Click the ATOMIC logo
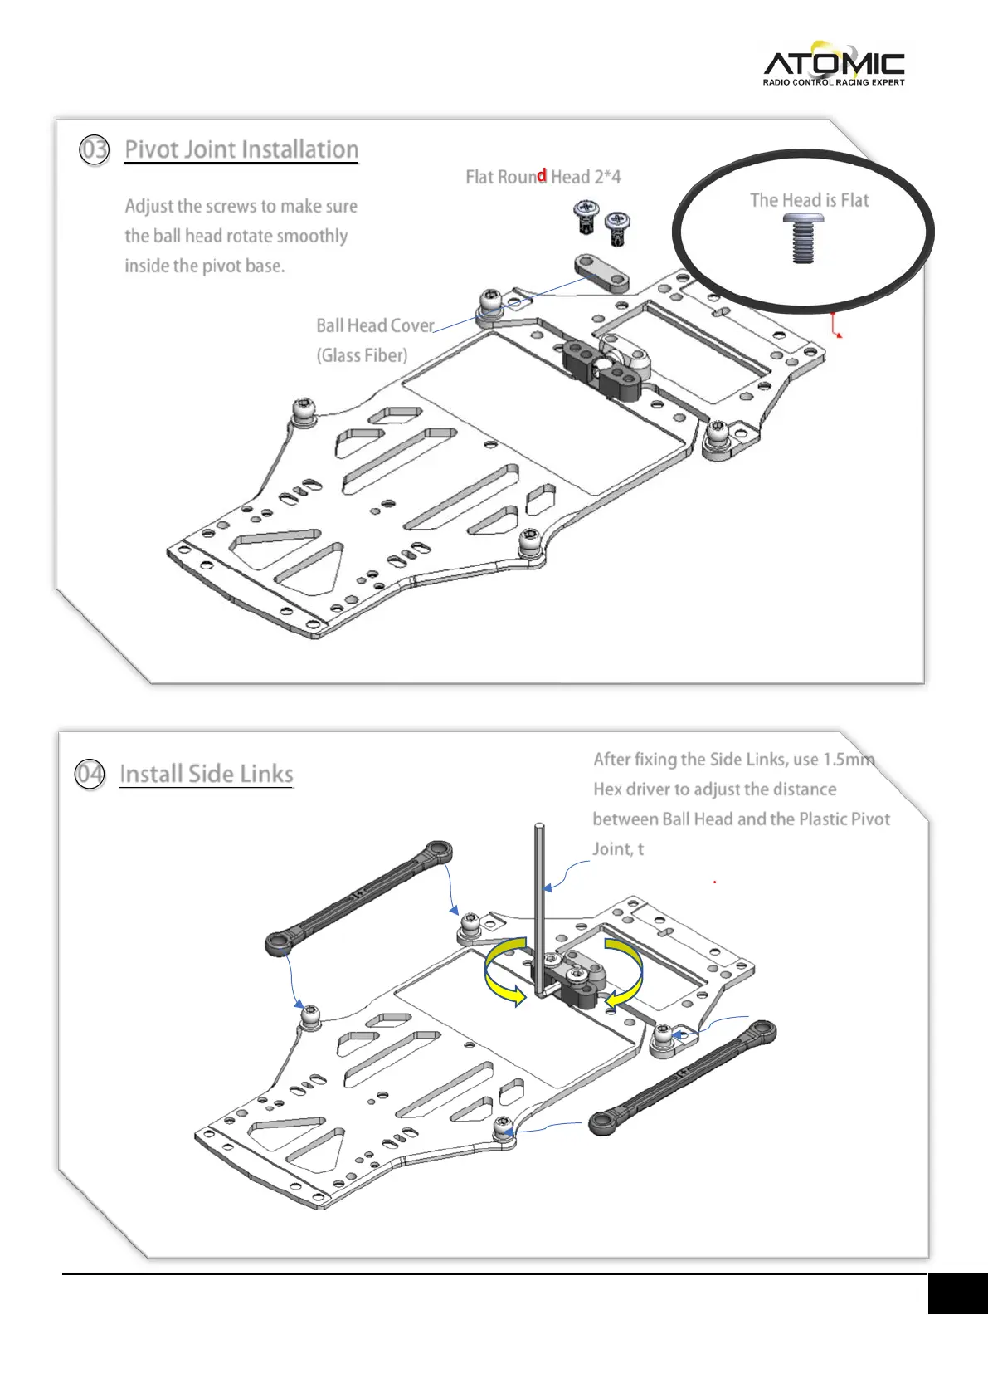[833, 63]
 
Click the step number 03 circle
[94, 150]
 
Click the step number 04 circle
[89, 774]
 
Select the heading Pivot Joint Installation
[241, 149]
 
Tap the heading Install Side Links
[207, 774]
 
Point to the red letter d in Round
[542, 176]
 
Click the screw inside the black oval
[803, 237]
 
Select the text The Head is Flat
[809, 200]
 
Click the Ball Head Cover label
[375, 325]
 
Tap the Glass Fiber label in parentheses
[362, 355]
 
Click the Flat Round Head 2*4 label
[543, 177]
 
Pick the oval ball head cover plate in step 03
[601, 273]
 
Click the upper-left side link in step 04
[359, 897]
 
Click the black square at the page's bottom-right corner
[957, 1293]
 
